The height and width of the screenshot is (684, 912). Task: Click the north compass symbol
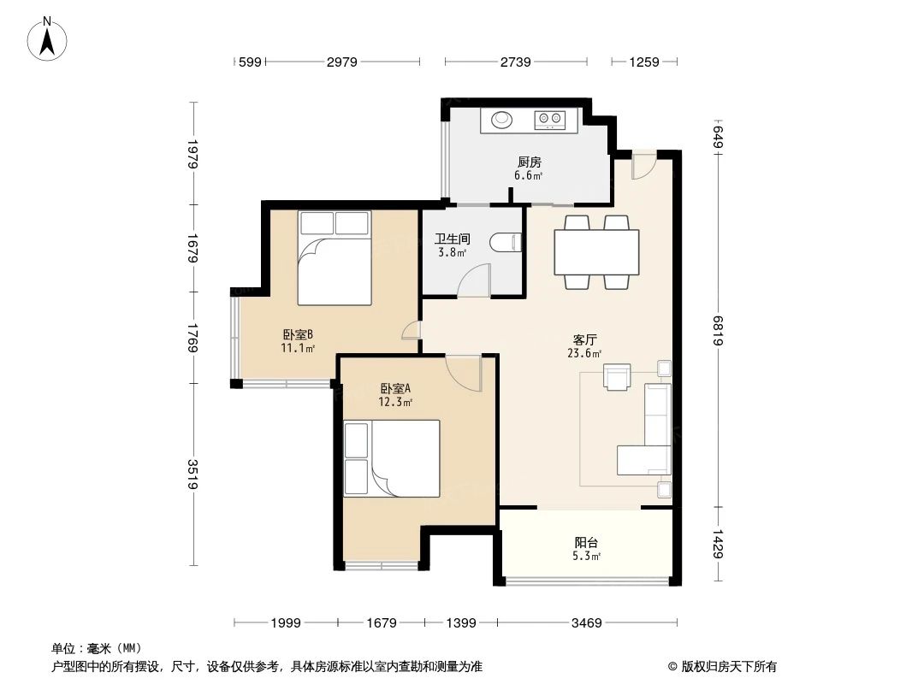tap(49, 38)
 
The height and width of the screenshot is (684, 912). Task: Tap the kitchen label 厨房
tap(528, 162)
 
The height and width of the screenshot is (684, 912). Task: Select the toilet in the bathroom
tap(507, 245)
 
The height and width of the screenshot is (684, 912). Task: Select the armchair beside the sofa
tap(617, 377)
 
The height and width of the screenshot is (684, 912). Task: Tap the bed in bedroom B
tap(335, 257)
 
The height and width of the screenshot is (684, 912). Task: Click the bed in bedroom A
tap(392, 458)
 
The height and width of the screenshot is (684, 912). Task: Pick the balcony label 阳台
tap(586, 542)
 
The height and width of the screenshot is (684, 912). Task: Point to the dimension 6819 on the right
tap(718, 329)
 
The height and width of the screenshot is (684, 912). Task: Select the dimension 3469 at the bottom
tap(588, 623)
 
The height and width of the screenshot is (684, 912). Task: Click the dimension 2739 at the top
tap(516, 62)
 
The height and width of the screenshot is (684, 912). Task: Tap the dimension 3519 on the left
tap(192, 475)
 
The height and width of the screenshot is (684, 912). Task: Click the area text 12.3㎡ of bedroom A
tap(396, 402)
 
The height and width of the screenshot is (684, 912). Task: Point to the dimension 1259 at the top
tap(644, 62)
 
